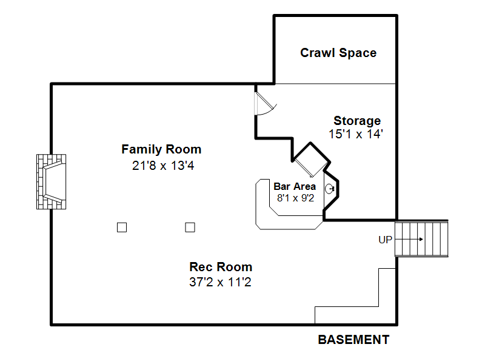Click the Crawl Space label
point(338,53)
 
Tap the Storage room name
point(357,121)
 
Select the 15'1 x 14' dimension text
point(356,135)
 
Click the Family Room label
point(161,149)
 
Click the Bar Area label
point(295,187)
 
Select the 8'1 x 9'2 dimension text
point(295,198)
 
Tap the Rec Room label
point(221,267)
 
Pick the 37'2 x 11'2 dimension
point(221,281)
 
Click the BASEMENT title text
point(353,340)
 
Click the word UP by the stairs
point(386,240)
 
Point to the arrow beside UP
point(411,240)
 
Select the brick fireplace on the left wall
point(51,182)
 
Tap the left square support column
point(122,227)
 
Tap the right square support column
point(190,227)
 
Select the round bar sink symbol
point(330,189)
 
